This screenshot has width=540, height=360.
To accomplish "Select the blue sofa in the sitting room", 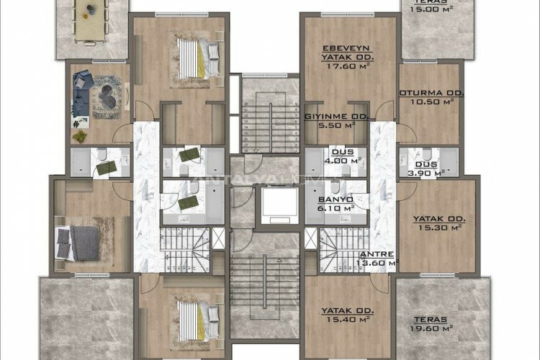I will (x=82, y=94).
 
